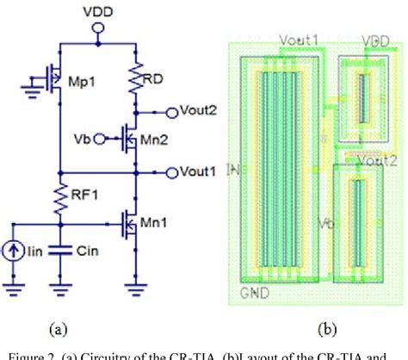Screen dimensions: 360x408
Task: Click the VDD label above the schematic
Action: (98, 11)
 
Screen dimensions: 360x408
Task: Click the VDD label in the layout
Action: (376, 40)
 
